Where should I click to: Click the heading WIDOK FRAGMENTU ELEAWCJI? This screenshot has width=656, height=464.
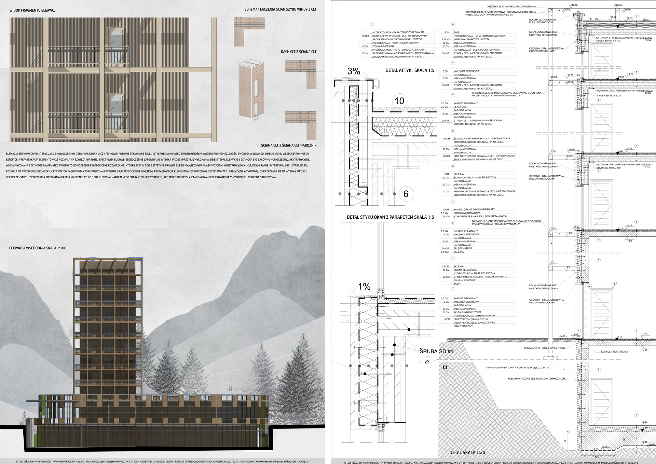[33, 10]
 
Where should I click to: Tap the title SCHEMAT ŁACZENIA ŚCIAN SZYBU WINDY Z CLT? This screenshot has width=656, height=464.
[280, 9]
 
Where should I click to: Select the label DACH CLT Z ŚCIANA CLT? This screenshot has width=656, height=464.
[298, 52]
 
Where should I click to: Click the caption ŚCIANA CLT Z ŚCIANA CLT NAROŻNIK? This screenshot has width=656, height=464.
[288, 145]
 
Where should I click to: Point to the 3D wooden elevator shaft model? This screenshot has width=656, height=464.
[251, 89]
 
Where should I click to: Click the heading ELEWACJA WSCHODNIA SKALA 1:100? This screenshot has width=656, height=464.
[38, 248]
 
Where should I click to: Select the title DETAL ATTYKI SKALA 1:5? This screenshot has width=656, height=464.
[410, 70]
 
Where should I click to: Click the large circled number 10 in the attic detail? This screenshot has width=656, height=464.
[399, 101]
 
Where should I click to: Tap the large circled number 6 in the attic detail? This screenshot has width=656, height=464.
[406, 194]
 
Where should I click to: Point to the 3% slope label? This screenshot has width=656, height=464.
[354, 71]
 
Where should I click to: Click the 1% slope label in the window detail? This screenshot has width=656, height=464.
[364, 286]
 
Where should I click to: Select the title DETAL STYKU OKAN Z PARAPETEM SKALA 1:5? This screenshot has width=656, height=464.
[390, 217]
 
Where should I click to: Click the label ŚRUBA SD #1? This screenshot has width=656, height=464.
[436, 351]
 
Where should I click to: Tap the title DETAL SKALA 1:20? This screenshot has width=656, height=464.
[467, 452]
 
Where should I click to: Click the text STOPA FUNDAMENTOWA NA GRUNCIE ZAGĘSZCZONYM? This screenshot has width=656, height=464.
[517, 368]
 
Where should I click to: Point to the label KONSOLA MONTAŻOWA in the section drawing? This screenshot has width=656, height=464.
[614, 352]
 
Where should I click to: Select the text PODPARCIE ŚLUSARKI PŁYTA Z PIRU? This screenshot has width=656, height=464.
[544, 348]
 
